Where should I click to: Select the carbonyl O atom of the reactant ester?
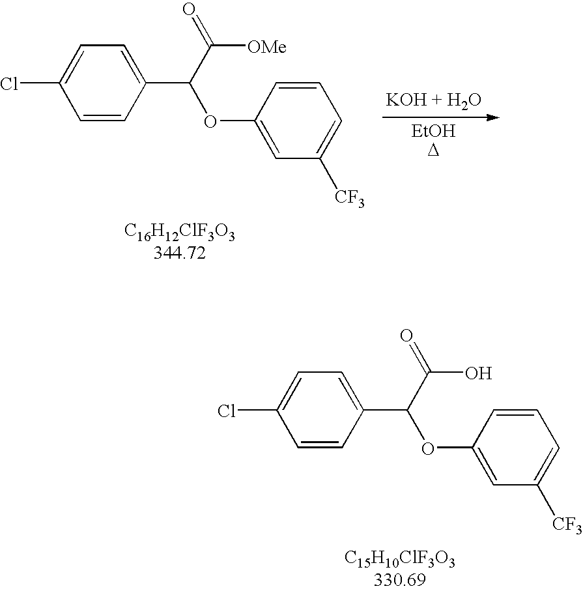190,10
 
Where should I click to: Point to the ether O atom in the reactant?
210,121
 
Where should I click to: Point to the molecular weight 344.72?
180,253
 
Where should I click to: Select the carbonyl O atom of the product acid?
408,337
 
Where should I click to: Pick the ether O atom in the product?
428,448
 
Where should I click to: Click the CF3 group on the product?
567,525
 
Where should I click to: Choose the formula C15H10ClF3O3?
399,560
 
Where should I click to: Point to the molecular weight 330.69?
399,579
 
